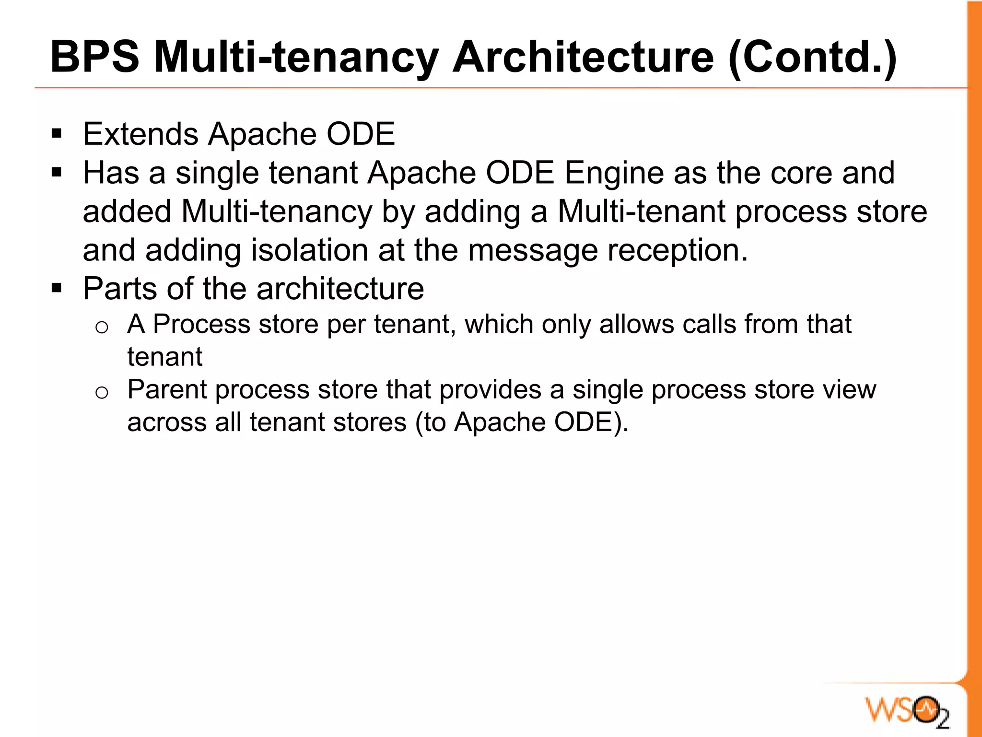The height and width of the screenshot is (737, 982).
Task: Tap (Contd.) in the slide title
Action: point(812,58)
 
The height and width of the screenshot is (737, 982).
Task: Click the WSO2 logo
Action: point(907,710)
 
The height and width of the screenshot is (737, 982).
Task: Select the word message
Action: point(533,251)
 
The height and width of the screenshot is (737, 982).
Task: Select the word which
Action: point(499,324)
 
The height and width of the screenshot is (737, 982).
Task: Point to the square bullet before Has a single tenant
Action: point(57,172)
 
